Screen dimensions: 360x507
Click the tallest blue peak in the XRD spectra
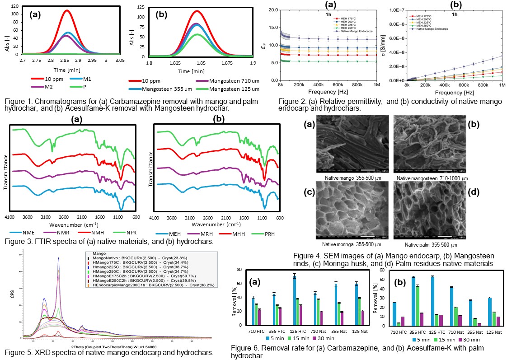[x=58, y=259]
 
